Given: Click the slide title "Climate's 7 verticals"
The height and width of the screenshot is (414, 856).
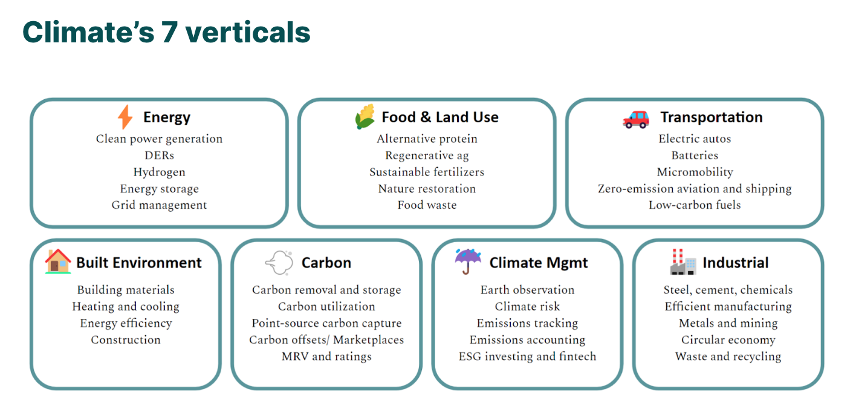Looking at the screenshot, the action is pos(166,32).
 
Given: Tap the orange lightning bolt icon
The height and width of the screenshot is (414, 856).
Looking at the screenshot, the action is pos(125,117).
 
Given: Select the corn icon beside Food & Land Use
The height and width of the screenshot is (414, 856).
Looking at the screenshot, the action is pos(365,116).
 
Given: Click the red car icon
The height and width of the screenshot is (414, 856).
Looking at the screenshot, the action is pos(636,119).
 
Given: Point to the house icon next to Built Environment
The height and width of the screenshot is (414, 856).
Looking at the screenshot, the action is pos(58,261).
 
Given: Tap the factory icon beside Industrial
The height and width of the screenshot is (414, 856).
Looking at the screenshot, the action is pos(683,262).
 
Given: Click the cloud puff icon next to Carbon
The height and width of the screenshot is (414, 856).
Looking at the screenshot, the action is pos(279,263).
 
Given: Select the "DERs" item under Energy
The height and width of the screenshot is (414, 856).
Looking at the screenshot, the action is pos(160,156).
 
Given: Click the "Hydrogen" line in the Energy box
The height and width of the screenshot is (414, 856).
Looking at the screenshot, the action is pos(160,172).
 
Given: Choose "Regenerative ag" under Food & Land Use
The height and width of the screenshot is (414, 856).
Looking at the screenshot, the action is pos(427,156).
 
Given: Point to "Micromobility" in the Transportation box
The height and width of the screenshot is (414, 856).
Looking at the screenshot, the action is pos(695,172).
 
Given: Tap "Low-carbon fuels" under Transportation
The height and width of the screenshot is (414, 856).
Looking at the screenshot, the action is pos(695,205).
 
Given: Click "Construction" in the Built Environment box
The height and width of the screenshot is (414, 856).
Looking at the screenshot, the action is pos(126,340).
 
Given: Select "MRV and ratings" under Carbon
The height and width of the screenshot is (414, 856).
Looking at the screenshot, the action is pos(326,356).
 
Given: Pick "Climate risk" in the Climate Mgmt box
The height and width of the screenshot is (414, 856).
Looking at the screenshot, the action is pos(527,306).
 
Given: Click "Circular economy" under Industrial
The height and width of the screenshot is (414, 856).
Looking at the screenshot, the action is pos(728,340).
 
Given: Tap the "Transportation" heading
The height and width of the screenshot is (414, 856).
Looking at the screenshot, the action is pos(712,117).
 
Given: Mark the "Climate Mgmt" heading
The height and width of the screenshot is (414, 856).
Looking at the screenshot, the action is pos(539,263).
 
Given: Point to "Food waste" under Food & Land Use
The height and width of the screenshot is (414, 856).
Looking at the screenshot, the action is pos(427,205).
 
